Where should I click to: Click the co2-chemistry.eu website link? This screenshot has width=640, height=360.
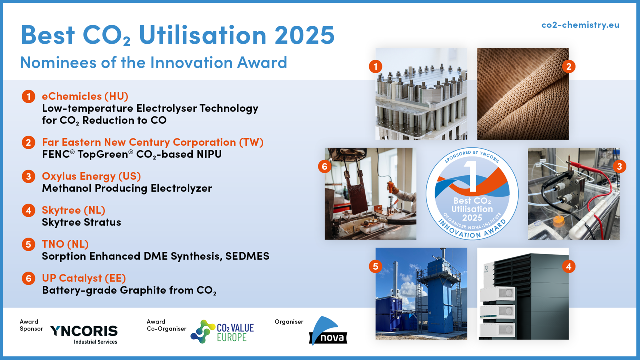pos(580,25)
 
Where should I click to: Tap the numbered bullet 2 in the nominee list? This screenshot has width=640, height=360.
pos(28,143)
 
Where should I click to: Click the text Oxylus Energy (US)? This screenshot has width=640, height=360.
pos(91,176)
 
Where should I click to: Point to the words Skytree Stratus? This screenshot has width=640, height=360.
pos(81,222)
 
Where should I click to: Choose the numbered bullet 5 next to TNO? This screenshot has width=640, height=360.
pos(28,245)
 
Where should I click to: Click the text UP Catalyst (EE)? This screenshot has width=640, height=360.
pos(84,278)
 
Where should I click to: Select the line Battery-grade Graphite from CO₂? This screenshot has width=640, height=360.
pos(129,290)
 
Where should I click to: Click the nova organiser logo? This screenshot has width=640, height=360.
pos(328,331)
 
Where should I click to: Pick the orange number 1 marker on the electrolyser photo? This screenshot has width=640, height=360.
pos(375,66)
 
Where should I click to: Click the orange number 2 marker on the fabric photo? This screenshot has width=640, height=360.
pos(569,66)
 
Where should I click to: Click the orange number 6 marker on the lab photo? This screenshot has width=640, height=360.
pos(325,166)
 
